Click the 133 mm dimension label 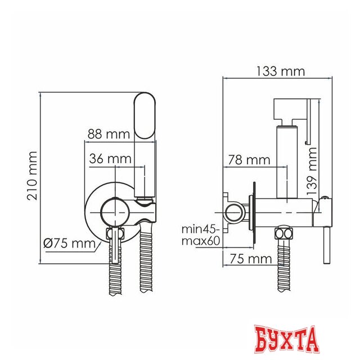[x=280, y=71]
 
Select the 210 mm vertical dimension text [x=32, y=176]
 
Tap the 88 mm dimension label [x=109, y=134]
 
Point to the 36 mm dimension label [x=110, y=159]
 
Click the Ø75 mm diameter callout [x=70, y=243]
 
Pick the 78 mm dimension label [x=249, y=160]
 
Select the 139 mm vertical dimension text [x=312, y=171]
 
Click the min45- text [x=201, y=229]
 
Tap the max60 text [x=201, y=241]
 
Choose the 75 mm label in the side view [x=251, y=259]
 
